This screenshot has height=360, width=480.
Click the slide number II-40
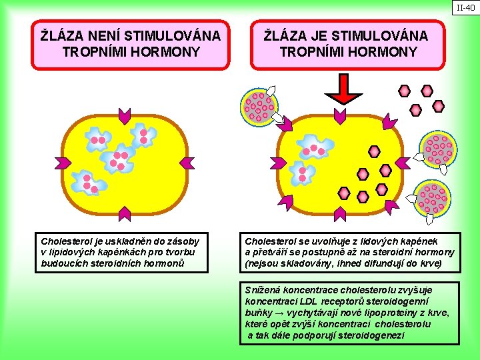[x=465, y=8]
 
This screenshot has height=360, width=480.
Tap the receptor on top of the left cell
[x=124, y=115]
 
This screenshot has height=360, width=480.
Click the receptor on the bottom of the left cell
[x=125, y=213]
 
